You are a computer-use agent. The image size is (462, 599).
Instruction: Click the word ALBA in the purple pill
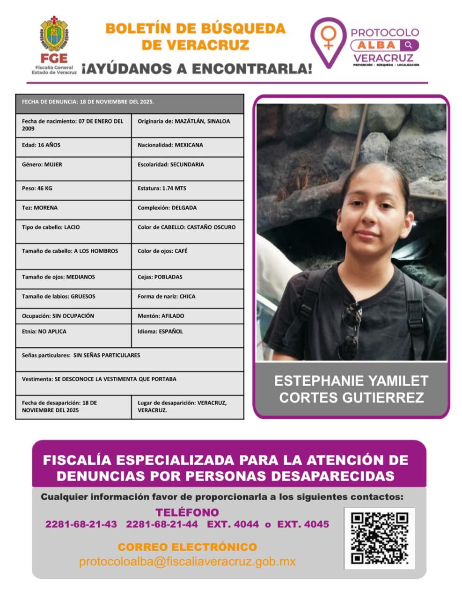[x=378, y=45]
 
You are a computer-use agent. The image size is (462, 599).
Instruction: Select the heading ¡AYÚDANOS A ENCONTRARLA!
[x=197, y=69]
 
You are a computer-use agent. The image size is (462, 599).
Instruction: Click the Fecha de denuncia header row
[x=130, y=102]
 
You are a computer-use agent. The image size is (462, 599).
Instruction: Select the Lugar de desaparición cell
[x=187, y=407]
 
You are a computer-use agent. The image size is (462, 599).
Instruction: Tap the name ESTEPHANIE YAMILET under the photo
[x=351, y=380]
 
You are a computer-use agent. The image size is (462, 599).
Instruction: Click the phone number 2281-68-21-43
[x=81, y=524]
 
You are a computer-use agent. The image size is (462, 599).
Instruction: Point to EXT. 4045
[x=303, y=524]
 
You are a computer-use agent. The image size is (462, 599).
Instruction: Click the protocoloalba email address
[x=187, y=562]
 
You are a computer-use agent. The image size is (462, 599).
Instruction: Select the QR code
[x=380, y=538]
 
